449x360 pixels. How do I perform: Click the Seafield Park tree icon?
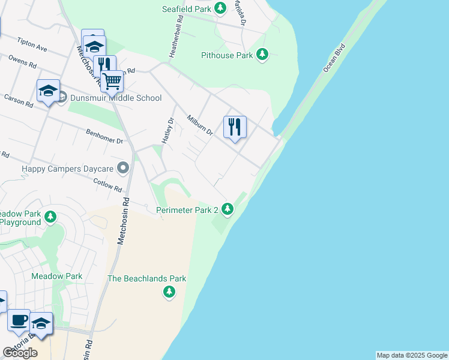[221, 8]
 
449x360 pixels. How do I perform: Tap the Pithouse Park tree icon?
[262, 55]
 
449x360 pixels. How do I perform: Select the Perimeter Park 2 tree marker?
[227, 209]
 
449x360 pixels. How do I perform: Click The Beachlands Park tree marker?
[169, 292]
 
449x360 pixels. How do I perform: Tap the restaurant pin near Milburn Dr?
[235, 127]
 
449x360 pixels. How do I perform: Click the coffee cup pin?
[19, 320]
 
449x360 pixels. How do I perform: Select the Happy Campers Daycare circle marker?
[124, 167]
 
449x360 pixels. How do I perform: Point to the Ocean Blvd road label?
[334, 58]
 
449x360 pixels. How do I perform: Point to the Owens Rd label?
[22, 62]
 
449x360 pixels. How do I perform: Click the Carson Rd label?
[19, 100]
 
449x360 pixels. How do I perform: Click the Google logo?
[20, 353]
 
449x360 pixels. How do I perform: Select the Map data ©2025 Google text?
[412, 355]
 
